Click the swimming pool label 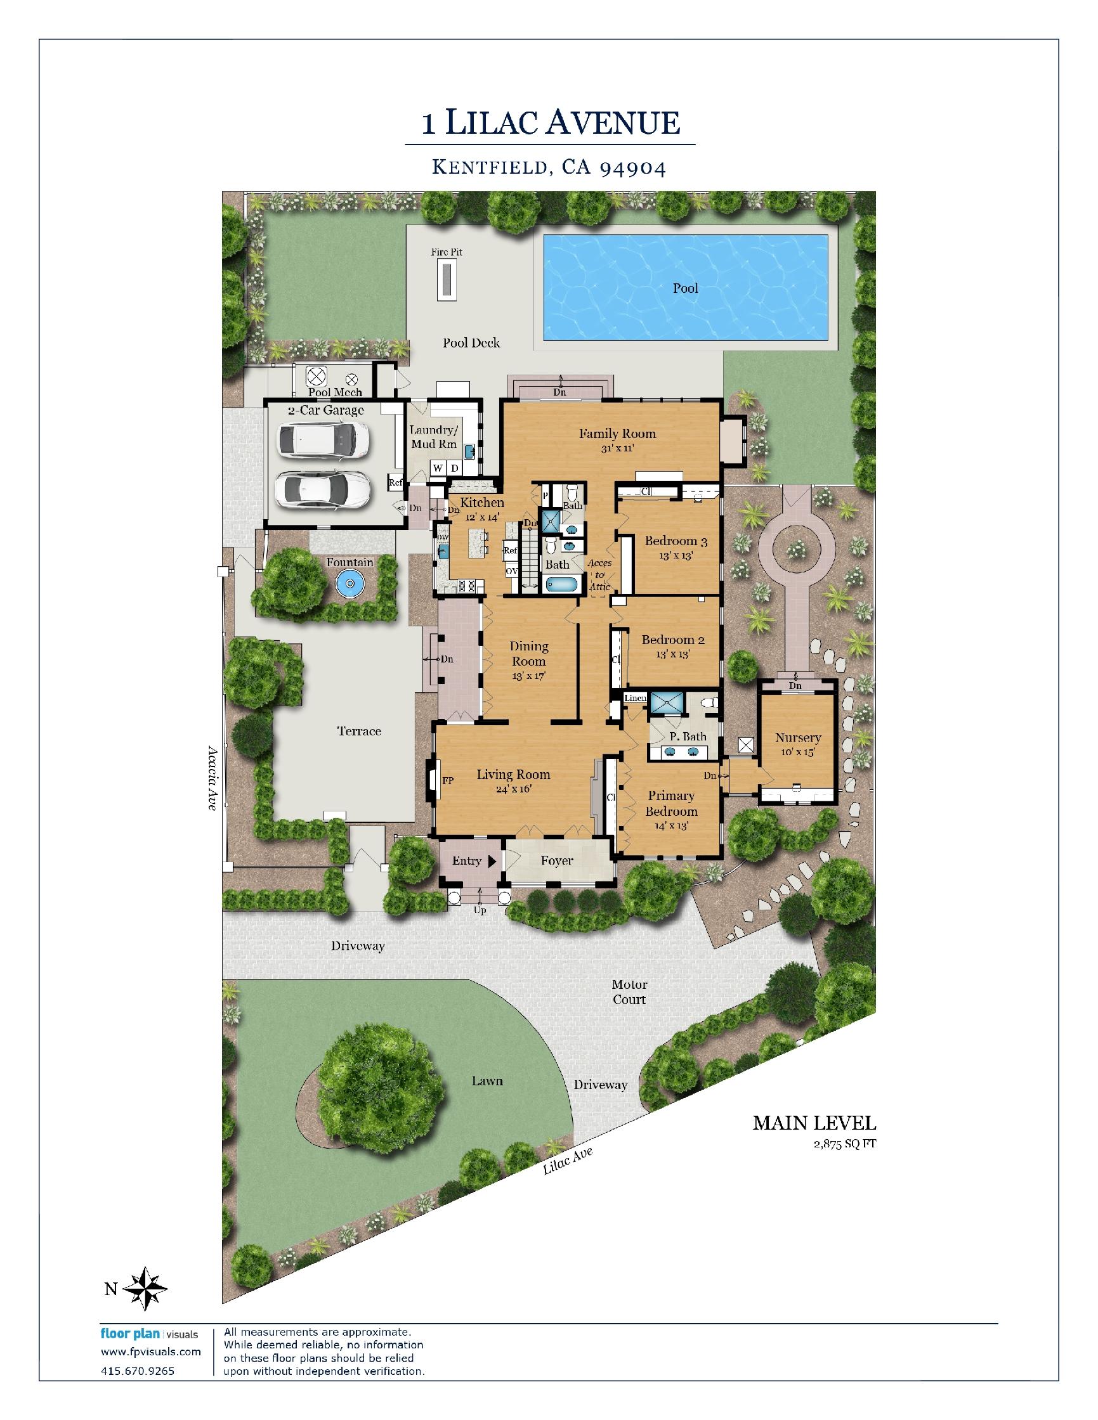[x=685, y=288]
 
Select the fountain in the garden [x=351, y=582]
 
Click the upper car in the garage [x=324, y=441]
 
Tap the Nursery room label [x=798, y=737]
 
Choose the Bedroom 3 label [x=676, y=541]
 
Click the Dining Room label [x=529, y=654]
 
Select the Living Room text [x=513, y=775]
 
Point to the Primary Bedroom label [x=671, y=804]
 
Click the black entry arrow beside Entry [x=492, y=861]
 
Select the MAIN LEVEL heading [x=814, y=1123]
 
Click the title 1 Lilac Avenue [x=551, y=122]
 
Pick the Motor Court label [x=629, y=992]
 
